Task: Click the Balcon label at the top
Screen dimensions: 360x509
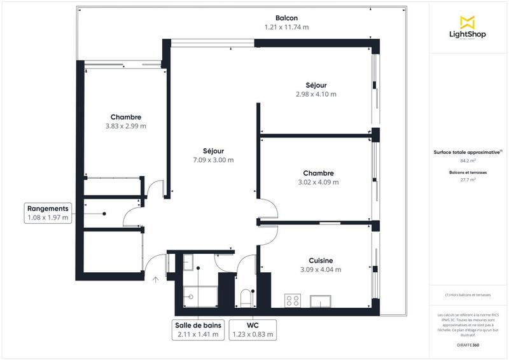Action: coord(286,18)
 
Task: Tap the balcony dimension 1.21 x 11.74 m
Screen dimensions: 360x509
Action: coord(286,27)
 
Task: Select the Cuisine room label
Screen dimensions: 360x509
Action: coord(321,260)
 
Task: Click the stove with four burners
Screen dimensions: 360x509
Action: coord(293,300)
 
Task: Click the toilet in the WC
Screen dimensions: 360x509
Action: coord(247,297)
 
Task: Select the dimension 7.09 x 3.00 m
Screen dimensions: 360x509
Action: coord(213,160)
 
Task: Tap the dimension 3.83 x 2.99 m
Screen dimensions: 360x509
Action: coord(125,126)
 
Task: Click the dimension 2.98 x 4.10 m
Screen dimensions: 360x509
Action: coord(316,94)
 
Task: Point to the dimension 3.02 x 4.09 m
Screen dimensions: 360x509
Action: coord(318,182)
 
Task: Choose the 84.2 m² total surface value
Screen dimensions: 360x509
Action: coord(468,161)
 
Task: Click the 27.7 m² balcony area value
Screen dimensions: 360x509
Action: coord(468,180)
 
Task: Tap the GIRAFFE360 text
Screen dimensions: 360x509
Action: coord(468,344)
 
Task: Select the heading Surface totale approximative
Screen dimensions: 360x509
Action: coord(468,152)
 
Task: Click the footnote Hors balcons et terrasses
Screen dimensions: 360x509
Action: coord(468,295)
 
